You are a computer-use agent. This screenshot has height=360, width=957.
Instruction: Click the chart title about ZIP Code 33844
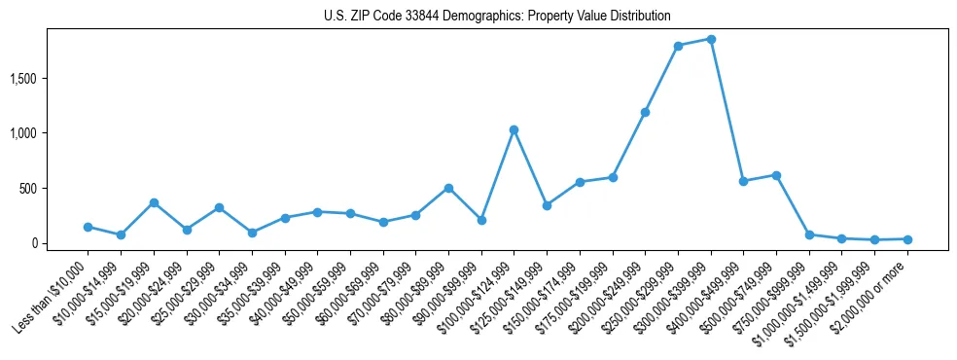(x=497, y=17)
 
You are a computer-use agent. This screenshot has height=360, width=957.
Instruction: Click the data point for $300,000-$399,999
(x=711, y=39)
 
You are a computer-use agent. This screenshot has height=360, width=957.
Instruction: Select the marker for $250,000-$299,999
(x=678, y=46)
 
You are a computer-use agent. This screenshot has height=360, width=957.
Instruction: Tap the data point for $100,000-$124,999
(x=514, y=129)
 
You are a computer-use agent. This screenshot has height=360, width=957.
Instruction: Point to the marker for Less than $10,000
(x=88, y=227)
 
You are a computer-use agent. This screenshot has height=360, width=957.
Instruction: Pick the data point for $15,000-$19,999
(x=154, y=202)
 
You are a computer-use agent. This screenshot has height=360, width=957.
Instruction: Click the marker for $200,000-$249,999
(x=645, y=112)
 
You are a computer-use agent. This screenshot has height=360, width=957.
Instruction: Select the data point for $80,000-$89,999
(x=448, y=188)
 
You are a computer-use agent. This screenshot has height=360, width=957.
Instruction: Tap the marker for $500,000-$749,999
(x=776, y=175)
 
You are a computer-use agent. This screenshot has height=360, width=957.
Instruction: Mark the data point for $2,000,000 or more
(x=907, y=239)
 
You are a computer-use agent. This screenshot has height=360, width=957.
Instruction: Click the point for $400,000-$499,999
(x=743, y=181)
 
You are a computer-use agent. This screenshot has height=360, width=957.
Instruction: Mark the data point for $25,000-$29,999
(x=219, y=207)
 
